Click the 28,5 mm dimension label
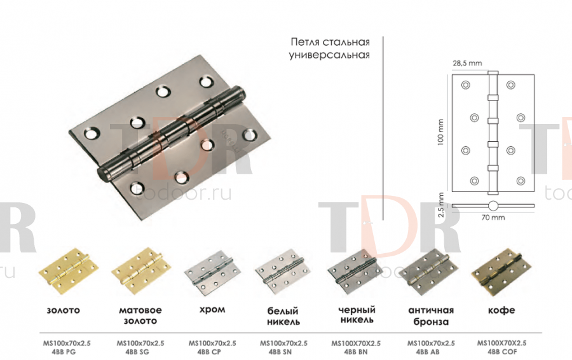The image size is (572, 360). click(x=467, y=63)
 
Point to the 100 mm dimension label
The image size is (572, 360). click(x=440, y=132)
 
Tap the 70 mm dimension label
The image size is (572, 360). click(x=493, y=218)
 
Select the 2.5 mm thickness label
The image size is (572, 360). click(x=441, y=205)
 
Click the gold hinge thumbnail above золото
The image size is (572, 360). click(x=69, y=272)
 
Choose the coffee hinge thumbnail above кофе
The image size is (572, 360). click(x=501, y=272)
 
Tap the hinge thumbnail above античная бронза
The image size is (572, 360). click(x=428, y=272)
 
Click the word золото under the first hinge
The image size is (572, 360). click(x=63, y=310)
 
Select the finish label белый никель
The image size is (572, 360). click(x=283, y=316)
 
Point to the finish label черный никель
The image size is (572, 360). click(x=357, y=315)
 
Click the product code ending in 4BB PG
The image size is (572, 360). click(x=67, y=347)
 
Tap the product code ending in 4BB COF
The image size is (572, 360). click(x=502, y=347)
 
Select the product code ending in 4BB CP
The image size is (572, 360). click(x=212, y=347)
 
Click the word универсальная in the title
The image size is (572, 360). click(x=329, y=55)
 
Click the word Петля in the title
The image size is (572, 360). click(x=305, y=43)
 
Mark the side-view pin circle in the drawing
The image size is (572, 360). click(x=493, y=205)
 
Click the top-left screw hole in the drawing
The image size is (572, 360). click(x=465, y=85)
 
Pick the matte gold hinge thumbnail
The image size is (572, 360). click(x=141, y=272)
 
